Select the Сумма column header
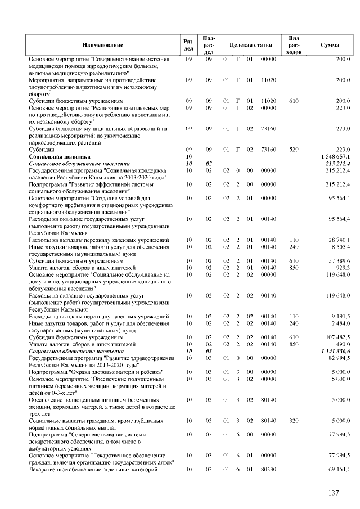tap(329, 43)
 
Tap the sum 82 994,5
tap(337, 358)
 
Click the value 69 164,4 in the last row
tap(337, 469)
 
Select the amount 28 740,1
tap(337, 240)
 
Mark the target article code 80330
tap(269, 469)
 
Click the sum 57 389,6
tap(337, 261)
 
